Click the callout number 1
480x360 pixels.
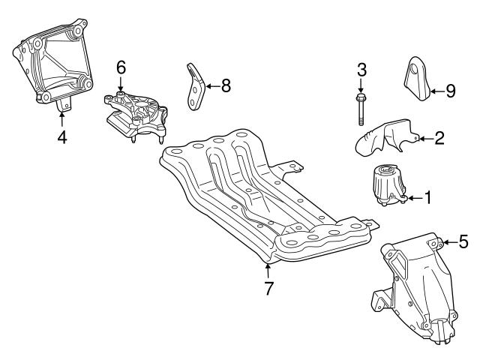pos(427,198)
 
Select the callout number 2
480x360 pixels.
pos(439,137)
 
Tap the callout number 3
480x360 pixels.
pos(361,71)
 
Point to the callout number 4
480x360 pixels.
pos(62,137)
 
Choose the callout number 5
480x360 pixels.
pos(463,241)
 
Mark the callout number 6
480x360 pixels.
pos(121,67)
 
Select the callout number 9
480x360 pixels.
pos(450,91)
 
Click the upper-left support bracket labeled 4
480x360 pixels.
pos(52,67)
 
